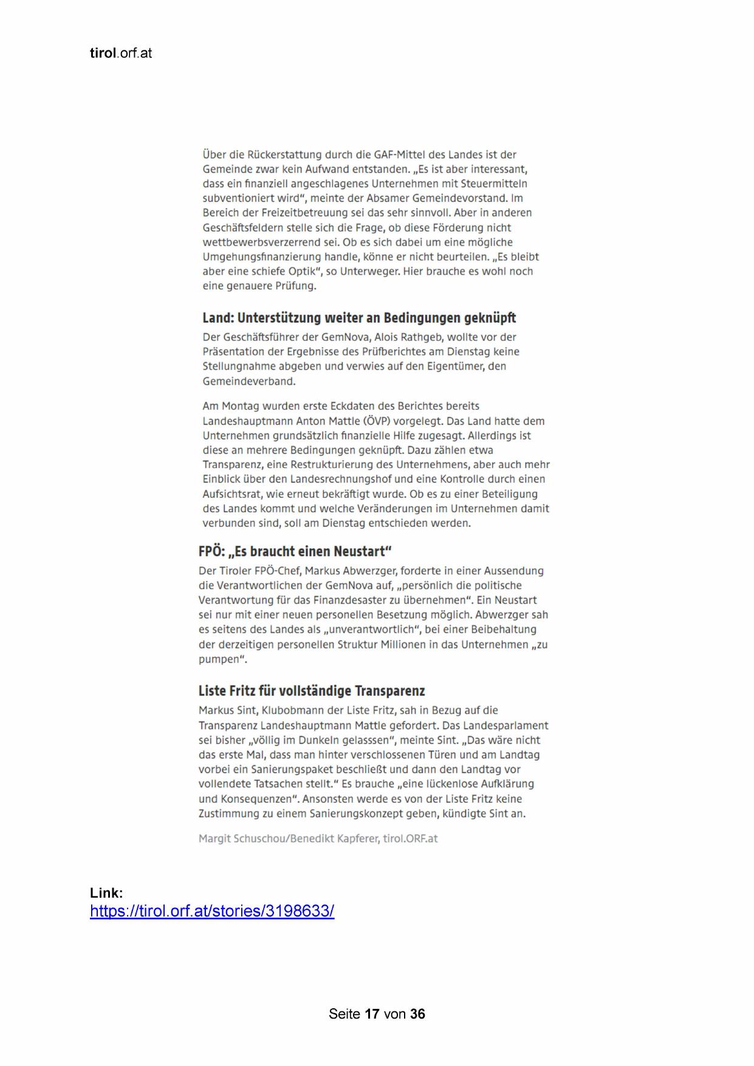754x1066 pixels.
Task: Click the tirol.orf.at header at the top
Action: click(120, 53)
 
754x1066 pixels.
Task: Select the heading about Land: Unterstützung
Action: click(359, 318)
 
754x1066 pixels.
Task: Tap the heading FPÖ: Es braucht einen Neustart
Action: click(295, 552)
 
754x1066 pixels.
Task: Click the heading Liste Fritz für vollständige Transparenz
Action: click(311, 691)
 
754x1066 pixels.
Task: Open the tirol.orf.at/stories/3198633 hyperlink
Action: click(212, 911)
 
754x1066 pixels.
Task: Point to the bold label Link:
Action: click(106, 893)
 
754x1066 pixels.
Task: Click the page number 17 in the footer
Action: click(372, 1014)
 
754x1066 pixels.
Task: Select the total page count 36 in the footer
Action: click(417, 1014)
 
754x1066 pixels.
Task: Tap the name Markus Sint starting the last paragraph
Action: click(227, 710)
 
